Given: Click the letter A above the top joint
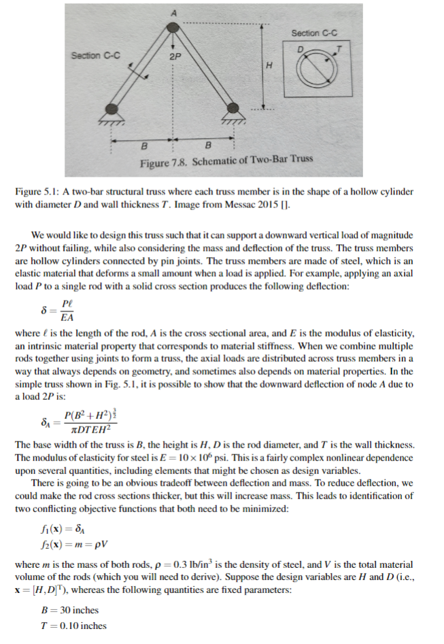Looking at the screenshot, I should point(173,12).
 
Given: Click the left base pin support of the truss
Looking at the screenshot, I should point(112,108).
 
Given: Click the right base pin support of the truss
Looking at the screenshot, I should point(235,108).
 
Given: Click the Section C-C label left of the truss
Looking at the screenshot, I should point(96,54).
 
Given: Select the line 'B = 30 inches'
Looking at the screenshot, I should point(70,610).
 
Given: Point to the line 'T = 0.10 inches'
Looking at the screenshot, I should point(73,626).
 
